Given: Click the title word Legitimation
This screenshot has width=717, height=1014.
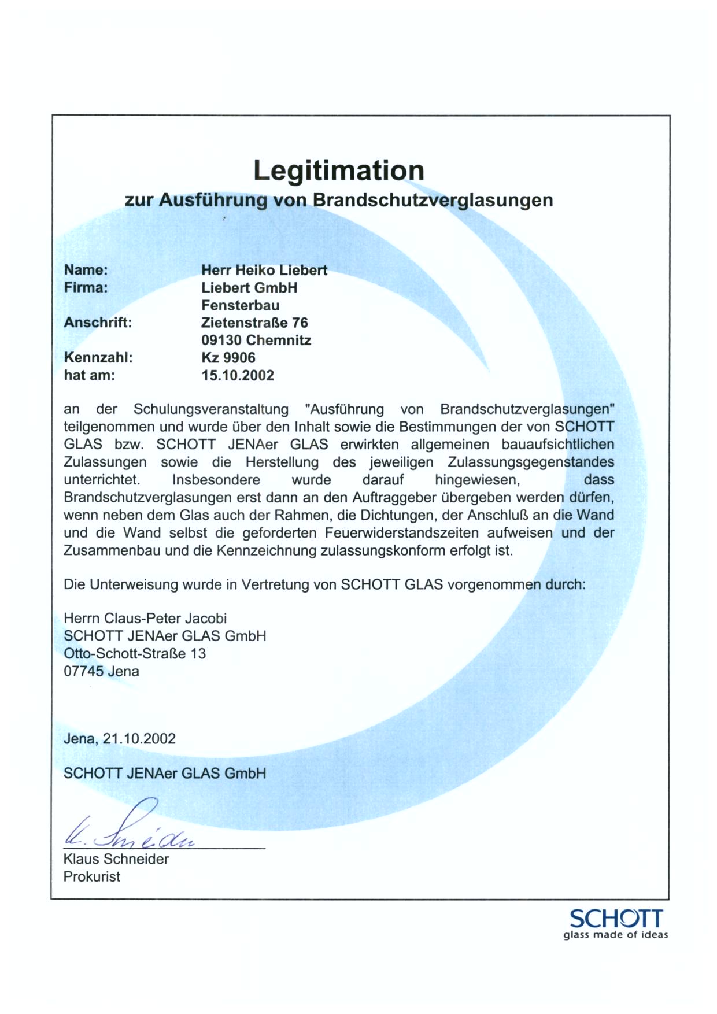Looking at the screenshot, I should tap(339, 171).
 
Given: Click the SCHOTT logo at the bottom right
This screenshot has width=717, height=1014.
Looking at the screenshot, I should tap(616, 919).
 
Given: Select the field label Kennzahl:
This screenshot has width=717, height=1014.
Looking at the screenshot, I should tap(98, 358).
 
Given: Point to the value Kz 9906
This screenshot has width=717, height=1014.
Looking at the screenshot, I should tap(228, 358).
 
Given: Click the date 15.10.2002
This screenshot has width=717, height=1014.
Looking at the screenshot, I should tap(238, 375).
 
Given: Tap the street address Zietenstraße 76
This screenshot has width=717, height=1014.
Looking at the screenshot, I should tap(254, 323).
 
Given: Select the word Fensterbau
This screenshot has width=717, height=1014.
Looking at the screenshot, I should tap(240, 305).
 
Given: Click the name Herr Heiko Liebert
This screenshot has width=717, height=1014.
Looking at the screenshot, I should tap(264, 270).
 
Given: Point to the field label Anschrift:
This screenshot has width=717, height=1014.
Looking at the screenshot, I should tap(98, 323).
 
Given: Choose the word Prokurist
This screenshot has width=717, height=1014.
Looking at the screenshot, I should tap(92, 876).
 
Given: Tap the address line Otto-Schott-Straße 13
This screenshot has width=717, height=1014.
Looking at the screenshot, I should tap(135, 654).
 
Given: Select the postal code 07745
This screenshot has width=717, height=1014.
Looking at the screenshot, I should tap(83, 672).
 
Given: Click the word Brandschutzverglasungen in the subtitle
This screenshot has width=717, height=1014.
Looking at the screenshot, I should tap(433, 200).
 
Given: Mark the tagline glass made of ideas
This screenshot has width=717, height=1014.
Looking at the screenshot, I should tap(616, 935).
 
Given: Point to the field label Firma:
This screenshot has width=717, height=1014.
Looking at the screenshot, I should tap(86, 287).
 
